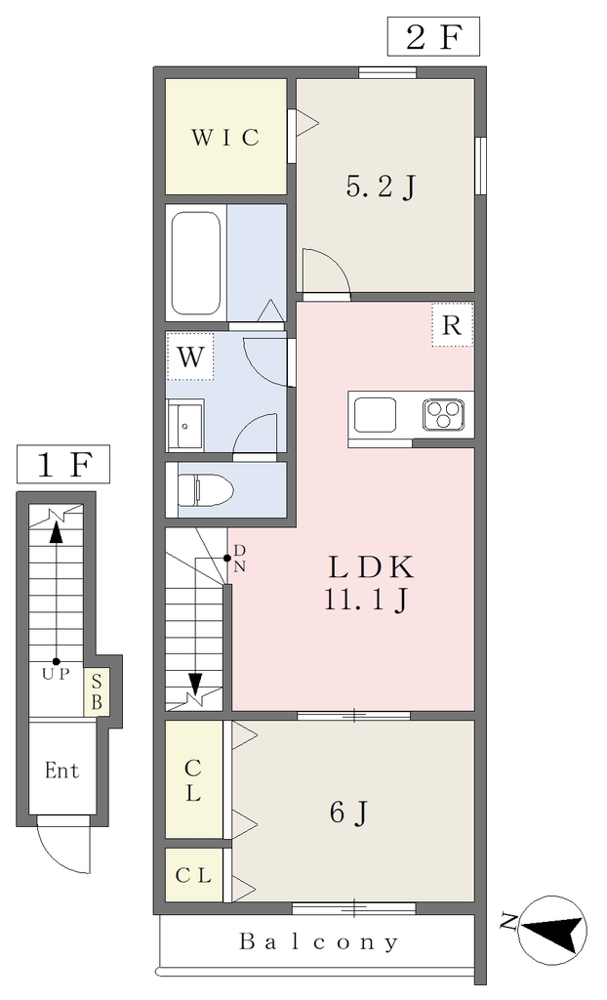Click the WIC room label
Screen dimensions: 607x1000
[x=225, y=137]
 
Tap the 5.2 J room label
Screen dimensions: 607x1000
[x=382, y=187]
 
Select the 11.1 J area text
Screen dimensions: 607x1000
[x=367, y=600]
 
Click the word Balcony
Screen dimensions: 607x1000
[x=319, y=941]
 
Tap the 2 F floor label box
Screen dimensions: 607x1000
[x=433, y=38]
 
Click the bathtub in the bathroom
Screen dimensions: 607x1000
[x=196, y=263]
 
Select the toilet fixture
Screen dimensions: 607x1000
[x=204, y=490]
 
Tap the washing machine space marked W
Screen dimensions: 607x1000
[x=190, y=357]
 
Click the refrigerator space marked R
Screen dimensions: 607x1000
[x=452, y=324]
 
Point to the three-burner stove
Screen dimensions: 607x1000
[x=443, y=414]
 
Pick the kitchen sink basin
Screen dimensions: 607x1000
[x=376, y=414]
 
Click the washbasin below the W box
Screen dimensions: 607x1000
[x=184, y=426]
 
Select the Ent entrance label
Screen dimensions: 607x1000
[x=62, y=771]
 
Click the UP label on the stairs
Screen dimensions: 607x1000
[x=56, y=675]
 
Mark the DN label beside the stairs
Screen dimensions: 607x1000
[x=239, y=559]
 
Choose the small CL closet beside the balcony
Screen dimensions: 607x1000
[x=194, y=875]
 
